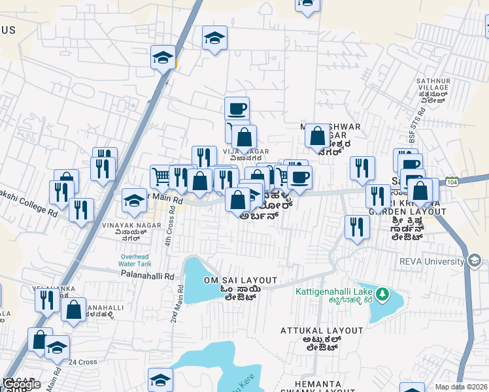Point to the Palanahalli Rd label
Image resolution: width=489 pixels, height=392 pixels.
148,276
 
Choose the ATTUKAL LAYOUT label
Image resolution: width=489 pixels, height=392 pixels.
322,331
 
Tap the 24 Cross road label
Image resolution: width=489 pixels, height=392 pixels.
83,362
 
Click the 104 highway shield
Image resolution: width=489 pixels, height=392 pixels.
452,180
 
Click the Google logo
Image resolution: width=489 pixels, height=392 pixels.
21,385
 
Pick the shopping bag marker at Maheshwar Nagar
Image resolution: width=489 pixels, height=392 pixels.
318,137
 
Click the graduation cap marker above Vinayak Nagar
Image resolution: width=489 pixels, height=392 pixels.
135,200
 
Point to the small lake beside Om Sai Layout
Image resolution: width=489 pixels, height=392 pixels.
196,281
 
